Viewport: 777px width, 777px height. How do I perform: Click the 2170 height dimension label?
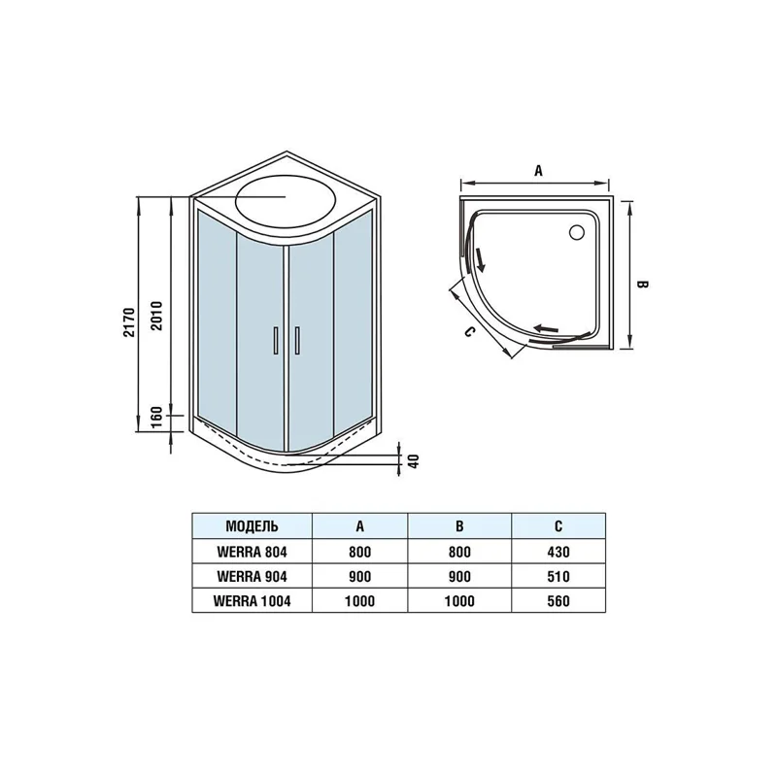point(129,322)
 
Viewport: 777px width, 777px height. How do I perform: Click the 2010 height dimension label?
point(156,316)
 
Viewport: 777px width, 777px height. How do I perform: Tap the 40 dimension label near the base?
point(415,460)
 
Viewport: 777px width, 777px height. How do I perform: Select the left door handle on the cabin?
point(276,341)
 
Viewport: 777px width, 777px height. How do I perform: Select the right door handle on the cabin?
point(297,341)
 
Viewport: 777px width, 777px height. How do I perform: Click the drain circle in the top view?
point(577,232)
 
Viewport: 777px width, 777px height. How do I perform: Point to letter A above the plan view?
point(539,171)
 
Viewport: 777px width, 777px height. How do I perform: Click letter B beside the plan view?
point(642,285)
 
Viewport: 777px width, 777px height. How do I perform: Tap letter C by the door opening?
point(469,331)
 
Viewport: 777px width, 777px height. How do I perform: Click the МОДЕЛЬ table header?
point(252,526)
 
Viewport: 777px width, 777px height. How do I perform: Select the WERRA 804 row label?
point(252,552)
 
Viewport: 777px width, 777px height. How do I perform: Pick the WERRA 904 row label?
point(252,576)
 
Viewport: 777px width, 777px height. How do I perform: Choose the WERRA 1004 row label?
point(252,601)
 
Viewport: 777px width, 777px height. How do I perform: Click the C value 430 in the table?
point(558,552)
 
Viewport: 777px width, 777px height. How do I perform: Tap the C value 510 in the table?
point(558,576)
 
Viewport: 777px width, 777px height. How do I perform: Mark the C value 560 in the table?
point(558,601)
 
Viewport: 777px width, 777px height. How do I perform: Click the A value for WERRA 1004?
point(359,601)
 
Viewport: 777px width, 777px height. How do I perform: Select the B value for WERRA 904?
point(459,576)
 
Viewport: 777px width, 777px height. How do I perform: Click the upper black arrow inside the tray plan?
point(480,259)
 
